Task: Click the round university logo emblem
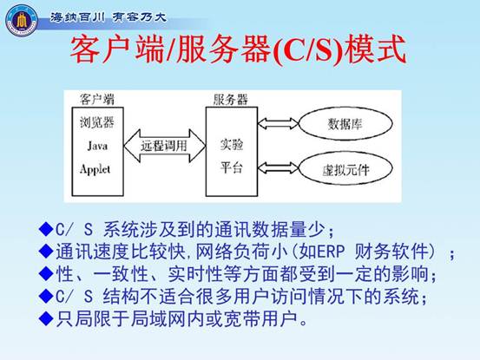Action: point(22,20)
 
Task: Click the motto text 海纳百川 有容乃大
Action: point(108,16)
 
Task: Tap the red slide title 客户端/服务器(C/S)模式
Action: point(239,49)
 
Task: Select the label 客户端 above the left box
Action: point(97,100)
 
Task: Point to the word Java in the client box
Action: point(97,145)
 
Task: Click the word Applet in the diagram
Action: point(95,169)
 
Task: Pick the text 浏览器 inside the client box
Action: point(97,122)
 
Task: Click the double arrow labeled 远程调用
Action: point(164,146)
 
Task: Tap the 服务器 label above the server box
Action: point(231,100)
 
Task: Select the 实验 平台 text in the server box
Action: point(232,156)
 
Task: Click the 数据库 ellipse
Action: point(345,123)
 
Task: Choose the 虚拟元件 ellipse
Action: point(345,168)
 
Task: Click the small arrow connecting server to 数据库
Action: point(278,123)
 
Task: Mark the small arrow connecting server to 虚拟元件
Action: point(278,167)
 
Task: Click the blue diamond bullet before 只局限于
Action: point(46,318)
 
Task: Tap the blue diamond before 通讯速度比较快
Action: point(46,252)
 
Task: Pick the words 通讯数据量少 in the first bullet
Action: point(269,229)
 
